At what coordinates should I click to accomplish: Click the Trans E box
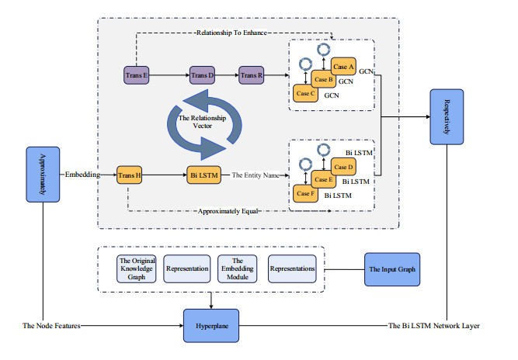(x=136, y=75)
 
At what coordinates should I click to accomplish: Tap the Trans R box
(x=252, y=75)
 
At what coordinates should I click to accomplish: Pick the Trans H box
(x=129, y=176)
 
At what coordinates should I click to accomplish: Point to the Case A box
(x=343, y=67)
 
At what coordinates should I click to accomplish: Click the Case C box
(x=306, y=92)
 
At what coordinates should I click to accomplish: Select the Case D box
(x=343, y=166)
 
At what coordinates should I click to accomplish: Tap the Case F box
(x=305, y=192)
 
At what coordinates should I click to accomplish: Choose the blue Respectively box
(x=447, y=116)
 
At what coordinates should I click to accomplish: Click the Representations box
(x=292, y=269)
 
